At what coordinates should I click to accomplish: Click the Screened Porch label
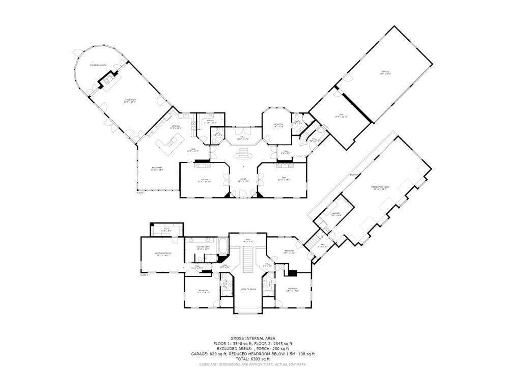[99, 65]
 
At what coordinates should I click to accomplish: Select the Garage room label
[385, 72]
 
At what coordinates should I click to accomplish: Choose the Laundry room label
[335, 214]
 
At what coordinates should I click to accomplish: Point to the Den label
[283, 179]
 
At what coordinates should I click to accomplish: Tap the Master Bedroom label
[163, 254]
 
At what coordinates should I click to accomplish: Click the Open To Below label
[248, 289]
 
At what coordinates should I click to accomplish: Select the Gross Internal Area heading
[252, 338]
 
